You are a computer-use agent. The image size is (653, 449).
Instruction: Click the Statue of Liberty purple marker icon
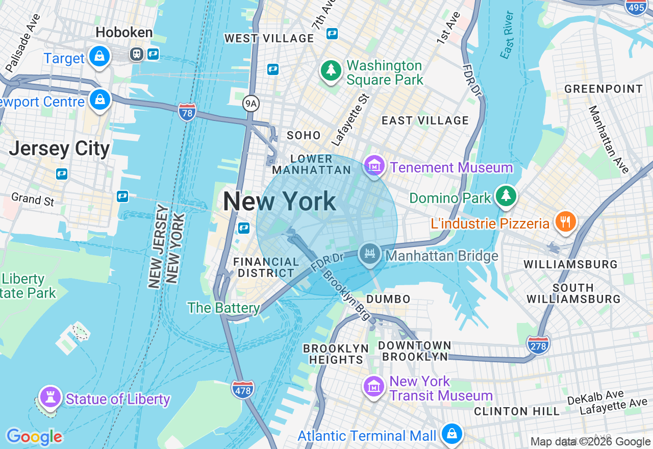(50, 397)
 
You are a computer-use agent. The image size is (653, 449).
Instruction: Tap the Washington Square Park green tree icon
(331, 71)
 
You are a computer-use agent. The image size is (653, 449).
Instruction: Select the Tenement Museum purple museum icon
(374, 165)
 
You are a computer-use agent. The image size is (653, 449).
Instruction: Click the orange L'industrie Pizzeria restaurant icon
(565, 222)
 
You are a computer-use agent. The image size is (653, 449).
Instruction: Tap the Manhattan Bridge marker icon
(369, 254)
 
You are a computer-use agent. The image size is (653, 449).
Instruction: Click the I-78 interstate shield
(187, 112)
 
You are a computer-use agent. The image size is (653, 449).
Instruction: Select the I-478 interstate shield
(242, 390)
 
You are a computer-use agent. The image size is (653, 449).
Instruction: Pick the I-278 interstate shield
(538, 345)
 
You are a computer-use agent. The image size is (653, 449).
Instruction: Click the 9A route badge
(250, 104)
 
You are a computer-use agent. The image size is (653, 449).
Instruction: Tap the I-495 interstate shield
(636, 7)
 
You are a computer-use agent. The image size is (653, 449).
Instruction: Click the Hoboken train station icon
(136, 54)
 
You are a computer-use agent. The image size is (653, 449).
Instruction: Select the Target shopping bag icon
(99, 57)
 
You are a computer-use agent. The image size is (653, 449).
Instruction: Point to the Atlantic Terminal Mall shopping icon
(451, 434)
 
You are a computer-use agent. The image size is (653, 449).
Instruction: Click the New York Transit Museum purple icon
(374, 386)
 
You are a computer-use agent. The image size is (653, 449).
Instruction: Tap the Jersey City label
(60, 148)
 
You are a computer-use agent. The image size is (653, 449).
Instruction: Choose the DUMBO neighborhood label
(388, 298)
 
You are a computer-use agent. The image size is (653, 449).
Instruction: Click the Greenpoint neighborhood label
(603, 89)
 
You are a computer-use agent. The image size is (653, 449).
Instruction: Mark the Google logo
(34, 437)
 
